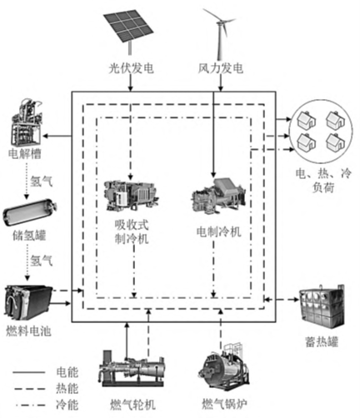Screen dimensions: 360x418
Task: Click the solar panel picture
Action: click(129, 30)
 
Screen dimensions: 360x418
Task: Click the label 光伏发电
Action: click(131, 68)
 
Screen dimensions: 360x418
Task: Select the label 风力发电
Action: click(221, 68)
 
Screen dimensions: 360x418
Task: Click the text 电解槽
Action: click(25, 153)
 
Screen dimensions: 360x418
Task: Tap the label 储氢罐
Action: click(29, 236)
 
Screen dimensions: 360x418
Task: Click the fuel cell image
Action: click(28, 302)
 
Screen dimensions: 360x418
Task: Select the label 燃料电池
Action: click(28, 331)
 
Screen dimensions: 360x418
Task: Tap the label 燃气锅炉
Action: click(224, 404)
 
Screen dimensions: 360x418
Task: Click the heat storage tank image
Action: click(322, 306)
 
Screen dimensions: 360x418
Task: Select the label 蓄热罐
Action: click(322, 341)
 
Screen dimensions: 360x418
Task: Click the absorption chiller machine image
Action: click(131, 195)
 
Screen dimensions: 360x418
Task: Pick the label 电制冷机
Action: click(218, 231)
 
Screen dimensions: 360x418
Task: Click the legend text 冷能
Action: click(67, 405)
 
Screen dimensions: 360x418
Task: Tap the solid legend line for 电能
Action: click(29, 372)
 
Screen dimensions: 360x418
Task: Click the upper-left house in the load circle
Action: click(307, 120)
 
